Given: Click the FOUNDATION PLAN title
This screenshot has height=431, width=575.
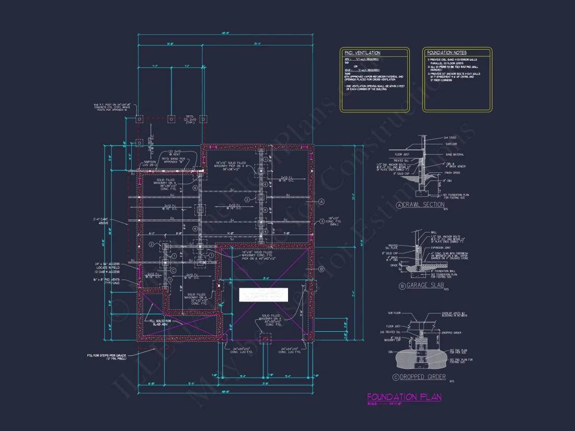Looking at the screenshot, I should (404, 397).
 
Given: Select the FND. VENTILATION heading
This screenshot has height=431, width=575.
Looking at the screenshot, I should (362, 53).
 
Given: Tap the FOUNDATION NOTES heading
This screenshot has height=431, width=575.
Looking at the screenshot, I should (447, 53).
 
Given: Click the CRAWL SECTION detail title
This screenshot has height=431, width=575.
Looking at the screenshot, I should (424, 205).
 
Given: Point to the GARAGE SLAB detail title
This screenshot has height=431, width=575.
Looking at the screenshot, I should (424, 286).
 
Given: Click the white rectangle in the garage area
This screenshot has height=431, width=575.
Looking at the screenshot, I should (263, 295).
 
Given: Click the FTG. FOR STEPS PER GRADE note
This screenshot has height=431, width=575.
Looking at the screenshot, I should (108, 357).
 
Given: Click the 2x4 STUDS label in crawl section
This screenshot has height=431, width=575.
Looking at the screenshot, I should (450, 137).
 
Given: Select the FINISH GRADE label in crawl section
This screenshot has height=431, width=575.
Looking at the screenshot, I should (452, 172).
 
